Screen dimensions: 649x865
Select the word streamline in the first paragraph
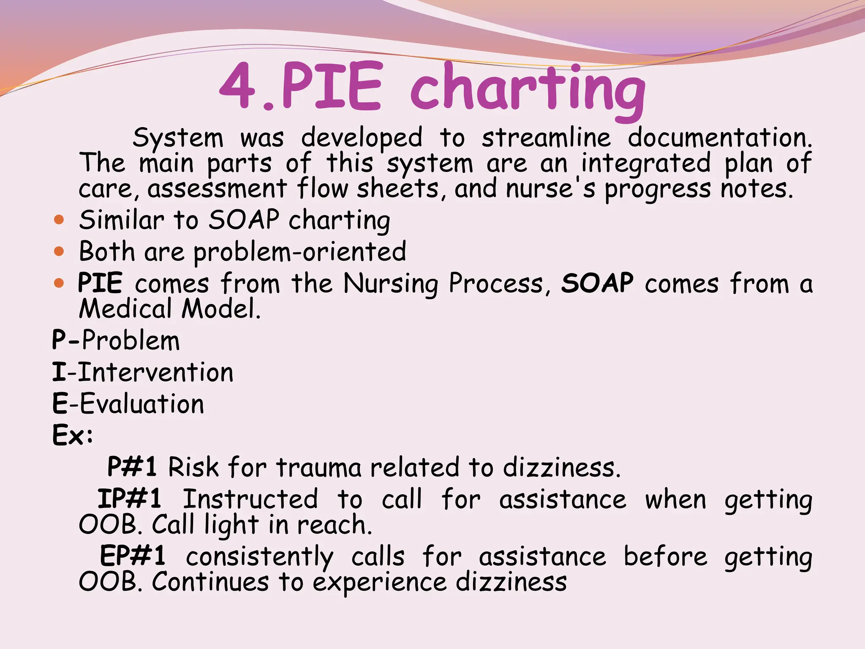[546, 138]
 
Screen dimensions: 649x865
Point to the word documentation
[719, 138]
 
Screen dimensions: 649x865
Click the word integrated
[646, 164]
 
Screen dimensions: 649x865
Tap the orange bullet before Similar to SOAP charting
[59, 220]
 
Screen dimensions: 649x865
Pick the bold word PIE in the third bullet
[101, 283]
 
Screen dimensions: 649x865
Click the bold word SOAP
[597, 283]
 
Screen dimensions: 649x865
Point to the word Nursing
[391, 284]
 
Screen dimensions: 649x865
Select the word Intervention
[155, 373]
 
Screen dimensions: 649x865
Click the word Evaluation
[142, 404]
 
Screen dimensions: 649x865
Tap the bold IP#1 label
[130, 499]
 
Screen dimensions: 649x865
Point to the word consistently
[259, 557]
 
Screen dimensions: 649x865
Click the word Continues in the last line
[210, 582]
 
